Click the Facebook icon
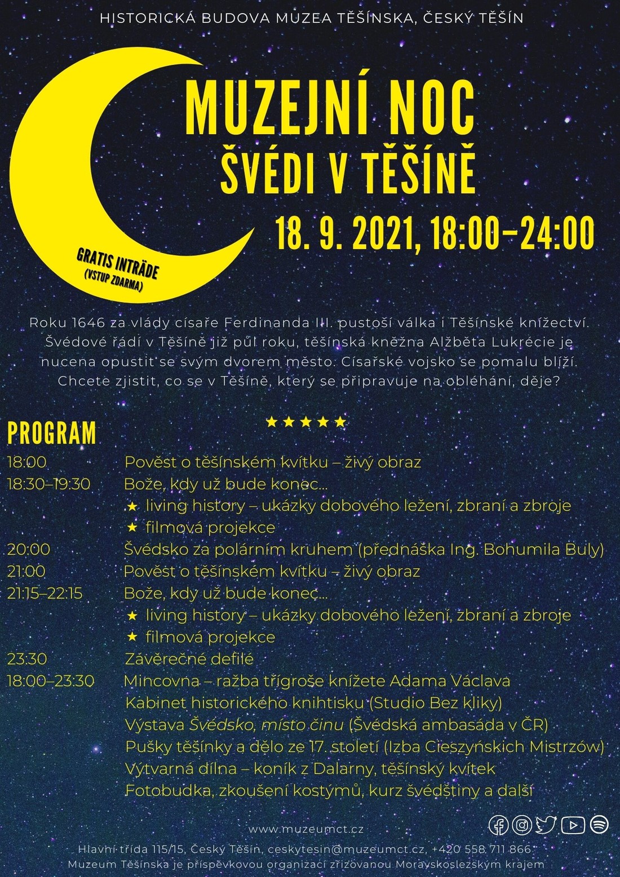pyautogui.click(x=499, y=825)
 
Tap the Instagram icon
pyautogui.click(x=522, y=825)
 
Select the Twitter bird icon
pyautogui.click(x=546, y=825)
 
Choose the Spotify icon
pyautogui.click(x=599, y=825)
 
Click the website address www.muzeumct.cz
pyautogui.click(x=306, y=829)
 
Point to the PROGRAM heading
pyautogui.click(x=52, y=433)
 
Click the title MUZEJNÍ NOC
pyautogui.click(x=330, y=108)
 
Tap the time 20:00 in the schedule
pyautogui.click(x=29, y=549)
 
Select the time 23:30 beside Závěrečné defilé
pyautogui.click(x=27, y=659)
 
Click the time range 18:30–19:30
pyautogui.click(x=49, y=484)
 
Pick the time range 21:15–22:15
pyautogui.click(x=45, y=593)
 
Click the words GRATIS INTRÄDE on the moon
pyautogui.click(x=117, y=264)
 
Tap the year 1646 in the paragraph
pyautogui.click(x=89, y=323)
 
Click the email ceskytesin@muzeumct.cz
pyautogui.click(x=346, y=849)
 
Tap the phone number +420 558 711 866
pyautogui.click(x=481, y=849)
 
